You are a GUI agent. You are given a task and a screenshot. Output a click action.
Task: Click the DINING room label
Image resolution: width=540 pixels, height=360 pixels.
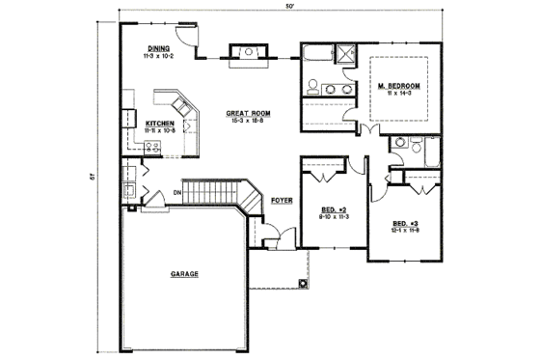pyautogui.click(x=159, y=48)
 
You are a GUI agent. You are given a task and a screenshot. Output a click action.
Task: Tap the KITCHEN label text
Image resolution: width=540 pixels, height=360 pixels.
pyautogui.click(x=159, y=124)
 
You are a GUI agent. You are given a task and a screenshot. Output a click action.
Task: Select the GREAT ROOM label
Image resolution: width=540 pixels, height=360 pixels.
pyautogui.click(x=248, y=113)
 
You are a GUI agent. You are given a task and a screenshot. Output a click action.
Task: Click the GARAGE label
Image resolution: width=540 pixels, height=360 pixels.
pyautogui.click(x=185, y=274)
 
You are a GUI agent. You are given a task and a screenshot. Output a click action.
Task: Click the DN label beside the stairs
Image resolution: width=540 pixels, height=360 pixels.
pyautogui.click(x=176, y=191)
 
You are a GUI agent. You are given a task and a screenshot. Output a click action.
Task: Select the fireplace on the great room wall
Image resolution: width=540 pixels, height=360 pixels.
pyautogui.click(x=243, y=53)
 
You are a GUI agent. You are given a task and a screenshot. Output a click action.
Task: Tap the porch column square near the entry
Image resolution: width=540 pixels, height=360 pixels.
pyautogui.click(x=303, y=283)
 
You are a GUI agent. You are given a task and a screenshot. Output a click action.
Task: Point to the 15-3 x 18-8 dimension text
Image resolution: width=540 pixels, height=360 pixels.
pyautogui.click(x=248, y=121)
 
